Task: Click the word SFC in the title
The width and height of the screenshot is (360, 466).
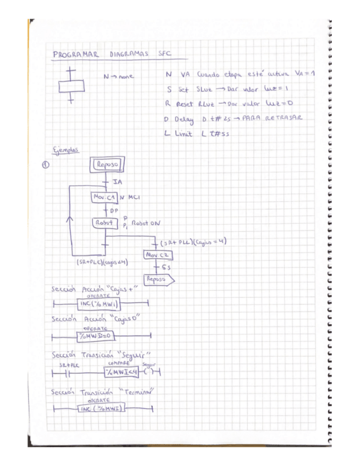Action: point(164,54)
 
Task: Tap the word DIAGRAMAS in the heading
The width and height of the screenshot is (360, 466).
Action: point(129,55)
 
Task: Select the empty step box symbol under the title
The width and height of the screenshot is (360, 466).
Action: point(71,86)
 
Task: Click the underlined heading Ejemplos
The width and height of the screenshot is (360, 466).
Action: point(65,149)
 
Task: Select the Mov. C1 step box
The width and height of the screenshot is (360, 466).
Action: point(103,196)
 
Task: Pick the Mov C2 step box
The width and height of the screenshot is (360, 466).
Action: point(156,254)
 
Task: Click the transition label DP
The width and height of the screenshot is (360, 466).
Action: point(114,210)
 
